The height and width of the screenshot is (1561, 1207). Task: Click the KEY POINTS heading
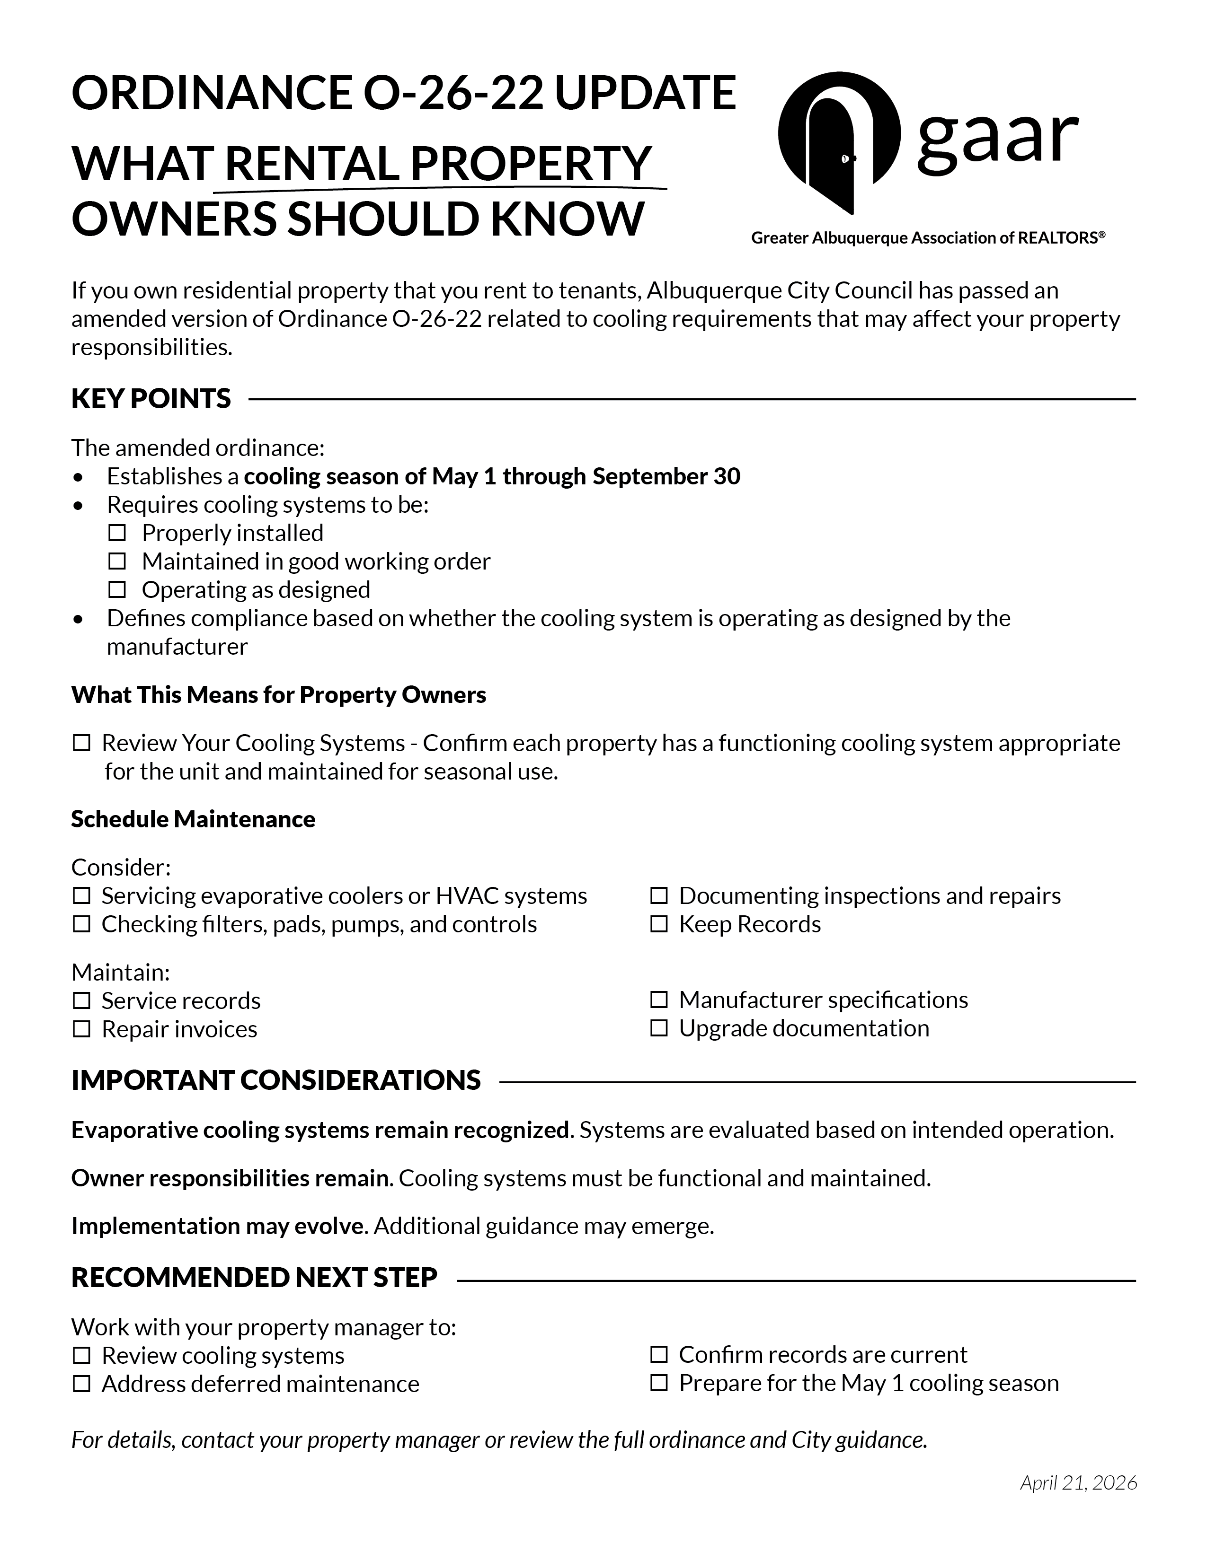(151, 399)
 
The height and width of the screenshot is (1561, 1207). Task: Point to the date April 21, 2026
(1078, 1482)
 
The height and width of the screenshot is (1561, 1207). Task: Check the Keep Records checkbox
(658, 924)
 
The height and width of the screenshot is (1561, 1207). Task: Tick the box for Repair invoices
(81, 1029)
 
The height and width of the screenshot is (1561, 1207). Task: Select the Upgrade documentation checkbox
(658, 1028)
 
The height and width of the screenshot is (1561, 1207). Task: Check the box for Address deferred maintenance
(81, 1385)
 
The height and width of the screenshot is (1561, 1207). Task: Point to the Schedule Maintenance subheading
(193, 819)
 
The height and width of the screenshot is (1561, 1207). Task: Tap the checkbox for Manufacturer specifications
(658, 1000)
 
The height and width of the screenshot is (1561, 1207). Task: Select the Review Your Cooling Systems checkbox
(81, 743)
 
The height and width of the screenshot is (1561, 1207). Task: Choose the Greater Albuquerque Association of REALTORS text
(927, 238)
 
